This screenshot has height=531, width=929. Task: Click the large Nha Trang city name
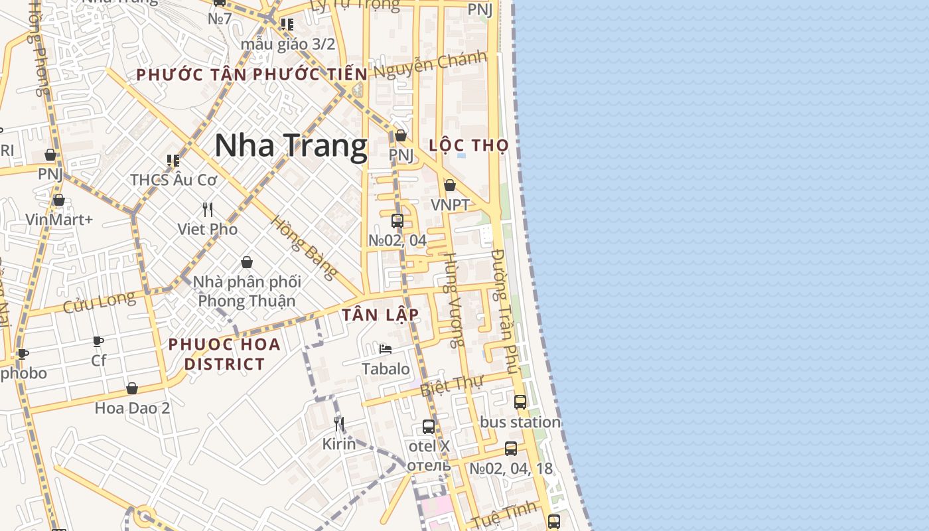coord(291,146)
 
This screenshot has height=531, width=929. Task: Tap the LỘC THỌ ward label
coord(468,145)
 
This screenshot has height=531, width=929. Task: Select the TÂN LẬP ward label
coord(380,315)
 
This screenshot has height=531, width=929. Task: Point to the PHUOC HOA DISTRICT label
coord(224,354)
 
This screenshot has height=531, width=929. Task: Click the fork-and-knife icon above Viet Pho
coord(208,210)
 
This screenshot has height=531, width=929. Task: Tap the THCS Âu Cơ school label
coord(174,180)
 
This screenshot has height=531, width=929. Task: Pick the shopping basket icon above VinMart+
coord(59,200)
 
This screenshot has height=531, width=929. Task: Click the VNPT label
coord(450,205)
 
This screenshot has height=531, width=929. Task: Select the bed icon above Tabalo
coord(386,349)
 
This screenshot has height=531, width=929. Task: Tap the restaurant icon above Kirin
coord(339,423)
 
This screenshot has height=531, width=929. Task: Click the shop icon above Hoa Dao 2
coord(132,388)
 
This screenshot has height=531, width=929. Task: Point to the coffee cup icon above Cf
coord(98,342)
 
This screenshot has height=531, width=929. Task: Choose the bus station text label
coord(520,422)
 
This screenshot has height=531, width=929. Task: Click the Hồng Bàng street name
coord(304,247)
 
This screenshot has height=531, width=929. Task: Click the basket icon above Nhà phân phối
coord(247,263)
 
